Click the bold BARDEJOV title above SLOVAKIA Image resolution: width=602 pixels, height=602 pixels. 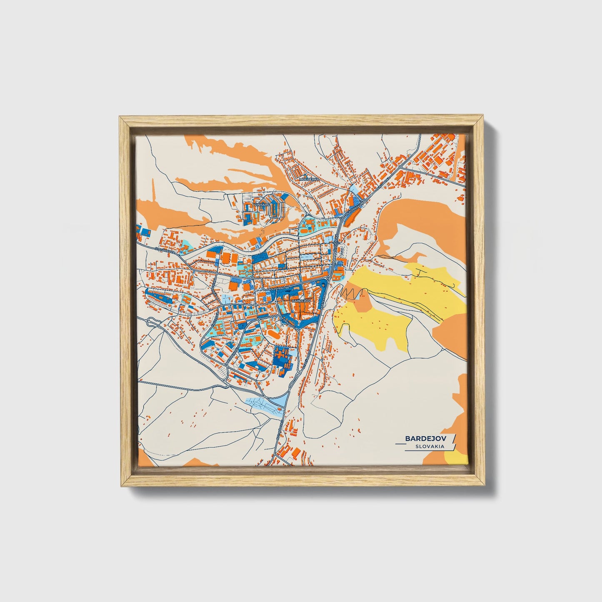tap(428, 439)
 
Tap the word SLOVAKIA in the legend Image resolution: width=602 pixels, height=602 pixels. tap(430, 446)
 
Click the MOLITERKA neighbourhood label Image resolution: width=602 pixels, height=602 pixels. tap(309, 179)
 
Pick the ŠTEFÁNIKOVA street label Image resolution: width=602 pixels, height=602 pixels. tap(164, 249)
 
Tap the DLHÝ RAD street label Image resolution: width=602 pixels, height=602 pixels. tap(277, 288)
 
